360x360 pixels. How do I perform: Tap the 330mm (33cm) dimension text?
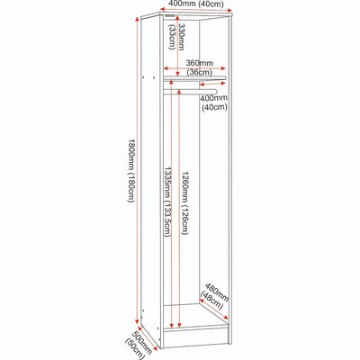click(176, 37)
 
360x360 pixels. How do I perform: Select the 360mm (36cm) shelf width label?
click(199, 67)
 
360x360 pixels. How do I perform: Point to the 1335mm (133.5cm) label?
click(167, 202)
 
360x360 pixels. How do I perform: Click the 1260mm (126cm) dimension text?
click(184, 203)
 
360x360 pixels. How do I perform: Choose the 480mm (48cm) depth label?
click(214, 296)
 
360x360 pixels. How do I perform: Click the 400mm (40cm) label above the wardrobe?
click(196, 4)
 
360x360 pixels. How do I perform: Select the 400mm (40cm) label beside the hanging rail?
click(214, 103)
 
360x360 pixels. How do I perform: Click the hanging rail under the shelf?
click(190, 91)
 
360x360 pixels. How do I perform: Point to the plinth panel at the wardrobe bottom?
click(195, 337)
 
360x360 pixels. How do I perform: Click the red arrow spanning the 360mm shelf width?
click(194, 68)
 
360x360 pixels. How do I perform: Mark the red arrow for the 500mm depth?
click(147, 338)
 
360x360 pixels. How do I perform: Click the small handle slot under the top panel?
click(169, 15)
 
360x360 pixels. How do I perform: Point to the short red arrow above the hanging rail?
click(212, 84)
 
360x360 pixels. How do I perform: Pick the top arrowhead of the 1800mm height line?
click(138, 20)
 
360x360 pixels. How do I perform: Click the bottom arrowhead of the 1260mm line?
click(179, 325)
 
